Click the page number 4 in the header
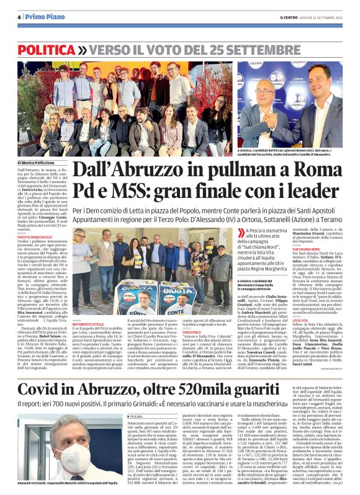click(19, 17)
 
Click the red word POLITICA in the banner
click(47, 49)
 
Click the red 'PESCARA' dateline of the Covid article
click(136, 398)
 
